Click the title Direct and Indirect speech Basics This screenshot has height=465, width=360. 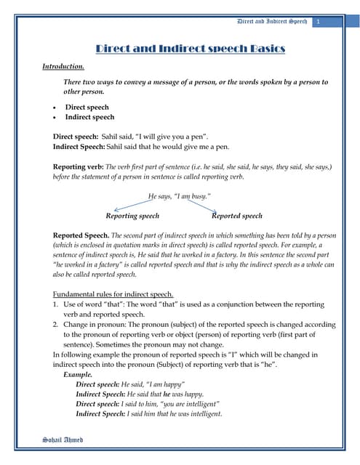pos(191,49)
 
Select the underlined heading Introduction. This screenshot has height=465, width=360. pos(63,66)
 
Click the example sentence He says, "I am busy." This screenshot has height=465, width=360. pos(179,196)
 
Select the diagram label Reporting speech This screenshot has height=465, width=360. pos(132,216)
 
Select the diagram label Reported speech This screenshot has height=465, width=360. pos(237,216)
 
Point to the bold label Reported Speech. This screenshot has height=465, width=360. pos(81,236)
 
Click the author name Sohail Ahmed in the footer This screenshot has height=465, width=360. pos(63,440)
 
